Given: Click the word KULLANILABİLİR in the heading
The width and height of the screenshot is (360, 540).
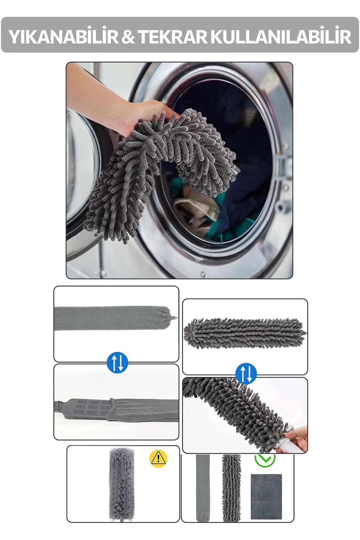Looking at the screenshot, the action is pos(281,36).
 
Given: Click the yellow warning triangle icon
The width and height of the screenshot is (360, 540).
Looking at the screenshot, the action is pos(158,458).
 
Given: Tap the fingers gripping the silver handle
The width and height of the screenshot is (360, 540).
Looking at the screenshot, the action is pos(295,438).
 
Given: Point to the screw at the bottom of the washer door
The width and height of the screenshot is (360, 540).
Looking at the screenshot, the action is pos(203,274).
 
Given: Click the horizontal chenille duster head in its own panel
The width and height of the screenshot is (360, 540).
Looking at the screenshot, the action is pos(244,333).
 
